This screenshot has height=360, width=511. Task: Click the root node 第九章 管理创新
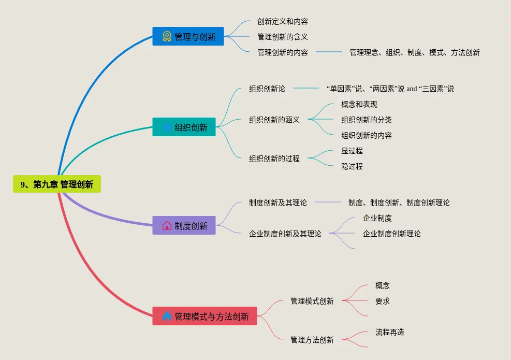pos(57,184)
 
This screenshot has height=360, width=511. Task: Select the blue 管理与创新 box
pos(188,36)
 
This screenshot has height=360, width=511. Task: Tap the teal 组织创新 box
pos(184,127)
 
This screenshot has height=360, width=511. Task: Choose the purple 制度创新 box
pos(184,225)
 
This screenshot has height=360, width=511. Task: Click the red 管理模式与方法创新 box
pos(205,316)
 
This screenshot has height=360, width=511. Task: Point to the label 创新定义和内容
pos(283,21)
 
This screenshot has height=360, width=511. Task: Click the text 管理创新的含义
pos(283,37)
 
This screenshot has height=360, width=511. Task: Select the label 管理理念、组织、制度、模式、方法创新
pos(414,52)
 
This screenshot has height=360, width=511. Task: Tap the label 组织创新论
pos(267,89)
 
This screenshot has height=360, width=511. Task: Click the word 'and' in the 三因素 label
pos(412,89)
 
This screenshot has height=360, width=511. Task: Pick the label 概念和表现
pos(359,104)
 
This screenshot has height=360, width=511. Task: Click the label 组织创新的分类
pos(367,120)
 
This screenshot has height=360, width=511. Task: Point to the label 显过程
pos(352,151)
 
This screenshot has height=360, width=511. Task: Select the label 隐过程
pos(352,166)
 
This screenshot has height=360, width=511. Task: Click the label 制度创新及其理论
pos(278,203)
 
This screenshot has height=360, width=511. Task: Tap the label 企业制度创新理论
pos(392,234)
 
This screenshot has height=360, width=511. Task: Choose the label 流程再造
pos(390,332)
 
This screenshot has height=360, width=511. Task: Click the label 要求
pos(383,301)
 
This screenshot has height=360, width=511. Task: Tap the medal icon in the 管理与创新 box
pos(167,36)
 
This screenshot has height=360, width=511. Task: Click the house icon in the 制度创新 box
pos(167,225)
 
